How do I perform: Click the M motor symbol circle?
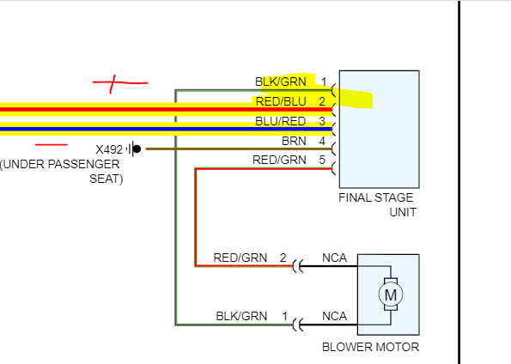(x=391, y=294)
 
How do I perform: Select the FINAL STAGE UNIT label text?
(x=377, y=204)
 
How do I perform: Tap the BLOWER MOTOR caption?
(x=370, y=347)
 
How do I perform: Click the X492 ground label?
(x=109, y=149)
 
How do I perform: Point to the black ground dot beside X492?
(x=137, y=149)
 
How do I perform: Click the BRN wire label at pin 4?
(x=294, y=141)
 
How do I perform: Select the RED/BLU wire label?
(x=281, y=101)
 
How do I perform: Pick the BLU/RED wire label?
(x=280, y=121)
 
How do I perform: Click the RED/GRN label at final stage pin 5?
(x=279, y=160)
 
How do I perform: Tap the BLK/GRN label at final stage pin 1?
(x=281, y=82)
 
